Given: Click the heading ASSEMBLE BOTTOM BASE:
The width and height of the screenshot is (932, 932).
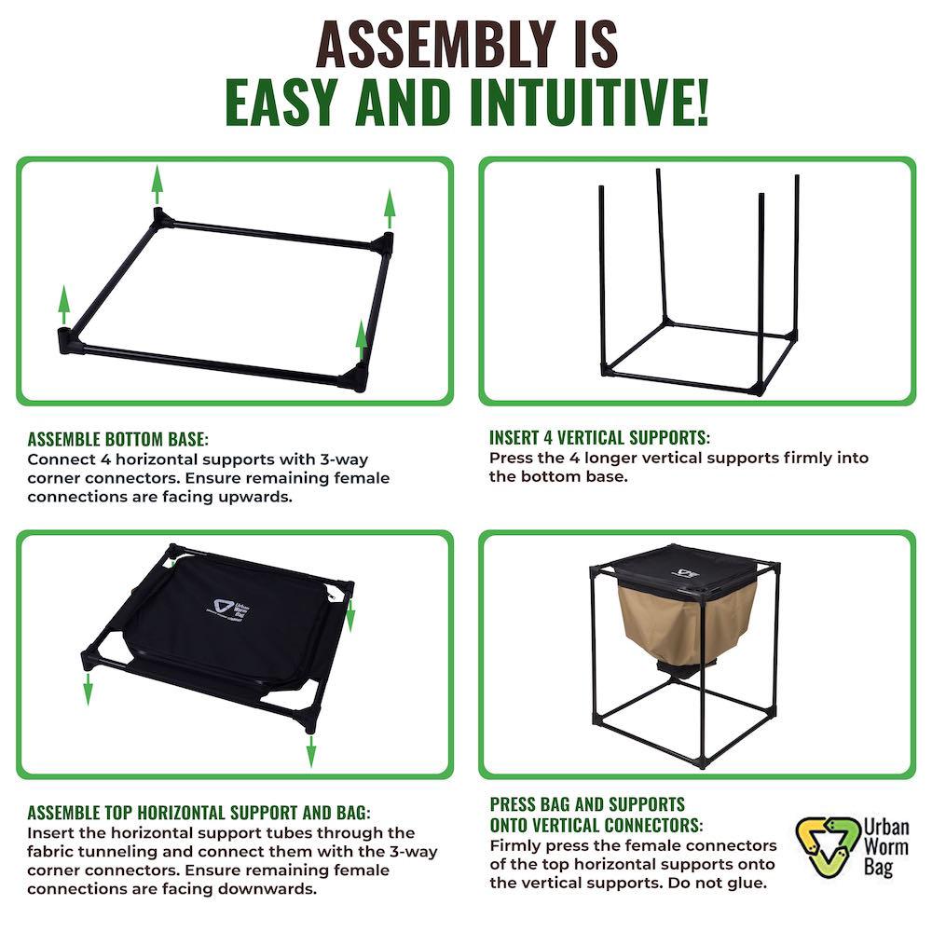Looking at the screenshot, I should tap(118, 439).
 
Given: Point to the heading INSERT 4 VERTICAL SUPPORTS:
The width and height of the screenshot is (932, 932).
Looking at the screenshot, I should tap(599, 438).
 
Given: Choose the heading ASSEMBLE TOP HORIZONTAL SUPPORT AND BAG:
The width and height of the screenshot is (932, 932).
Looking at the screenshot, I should tap(199, 813).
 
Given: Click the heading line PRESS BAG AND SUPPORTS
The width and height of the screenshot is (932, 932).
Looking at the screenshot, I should tap(587, 804).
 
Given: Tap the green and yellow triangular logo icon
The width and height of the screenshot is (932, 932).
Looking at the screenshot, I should tap(823, 846).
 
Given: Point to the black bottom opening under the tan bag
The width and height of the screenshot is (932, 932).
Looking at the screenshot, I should tap(678, 670).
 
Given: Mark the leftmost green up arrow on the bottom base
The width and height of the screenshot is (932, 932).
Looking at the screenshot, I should tap(63, 305).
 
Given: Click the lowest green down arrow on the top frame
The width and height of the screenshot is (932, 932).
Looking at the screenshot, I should tap(311, 749).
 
